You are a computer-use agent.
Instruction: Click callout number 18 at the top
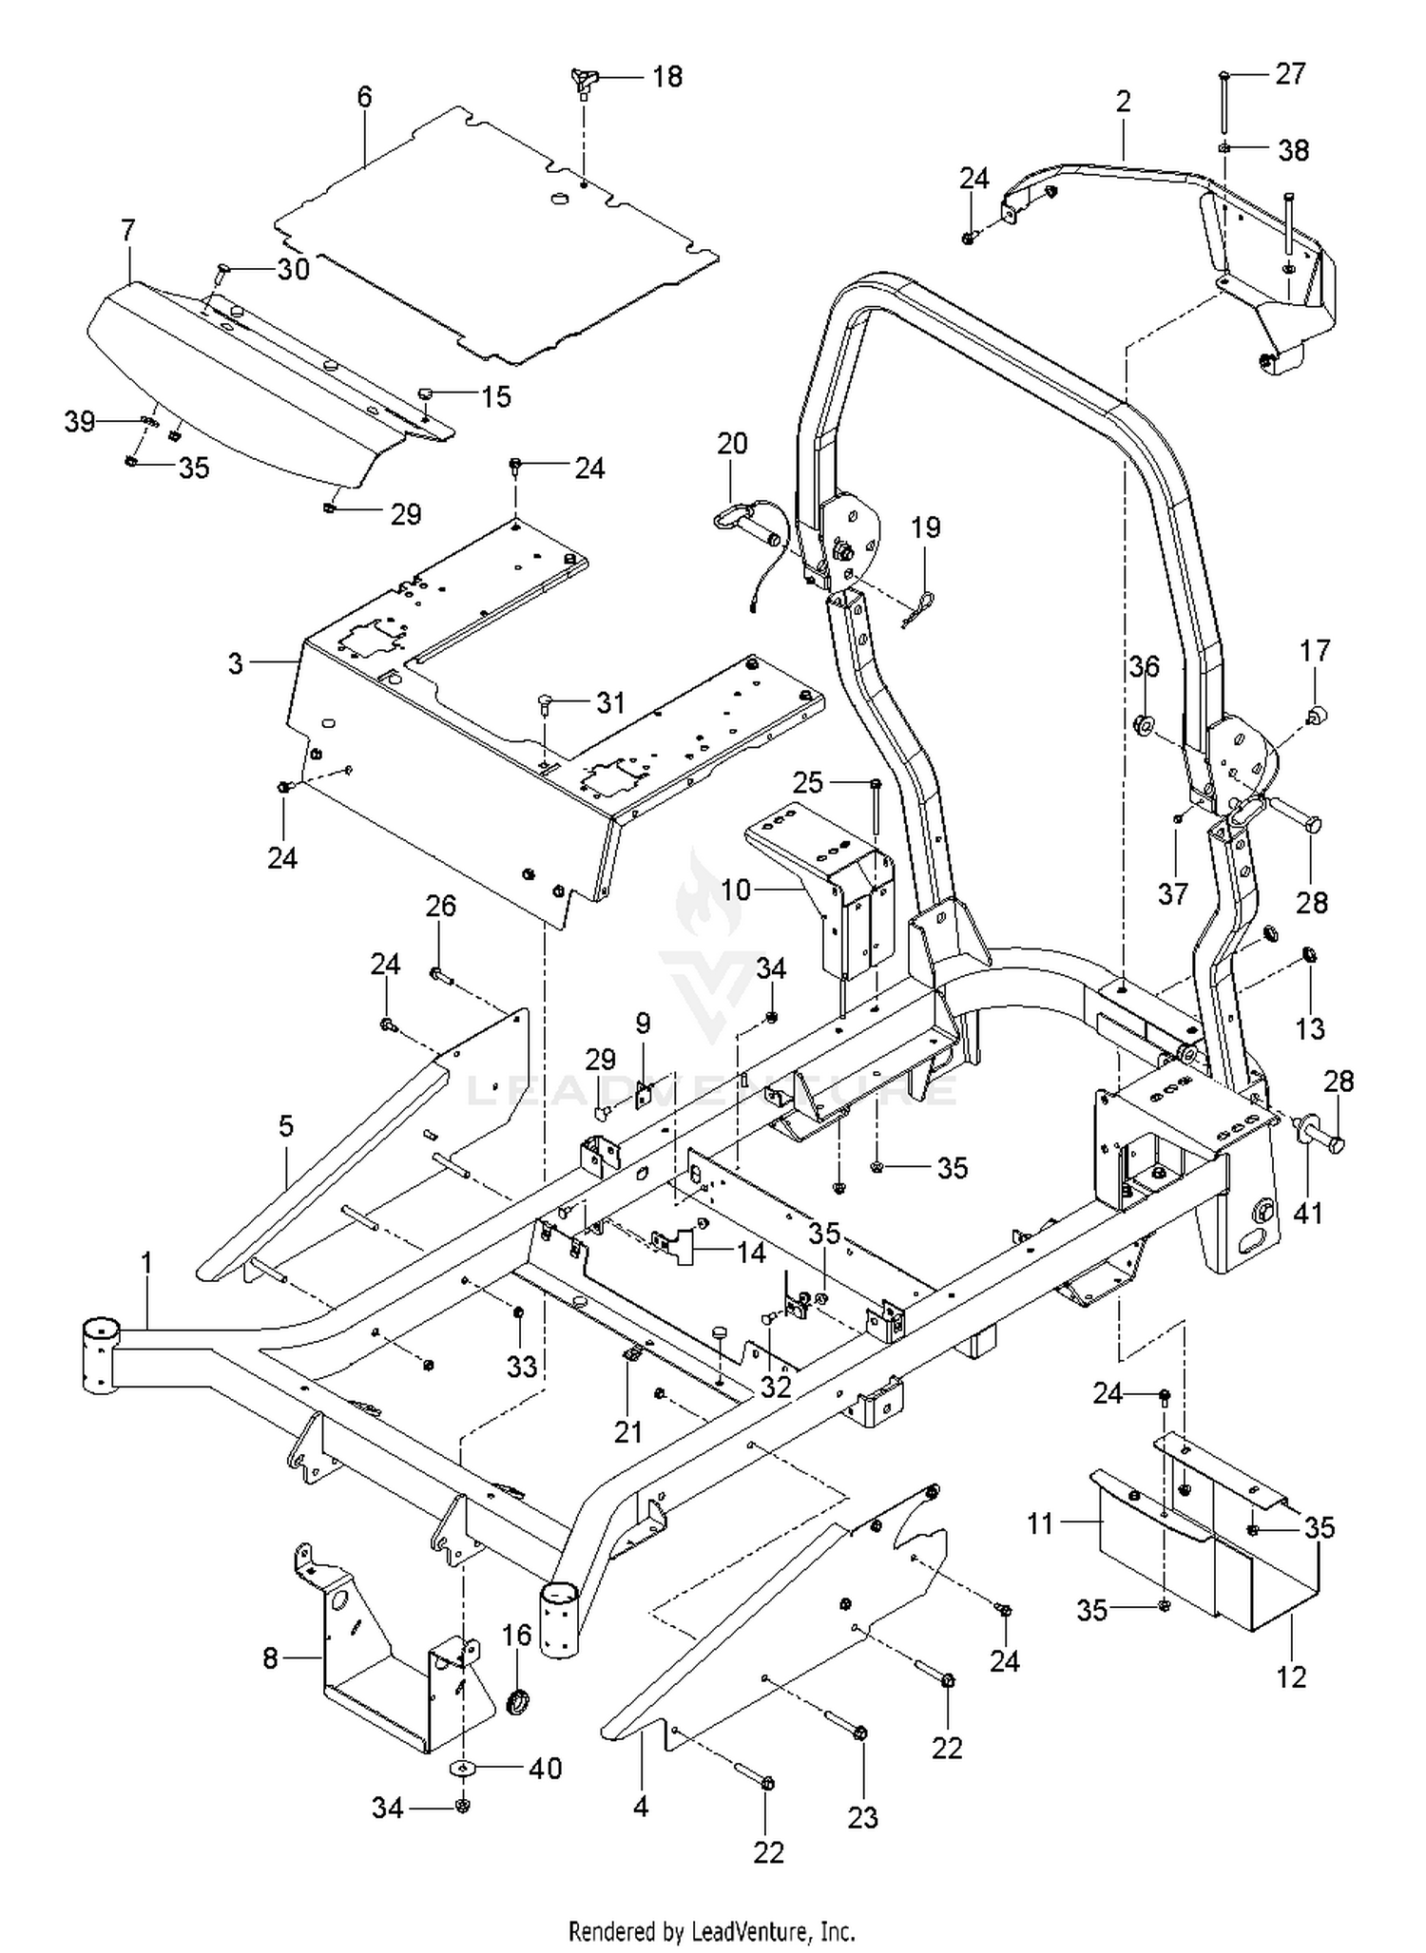[x=667, y=76]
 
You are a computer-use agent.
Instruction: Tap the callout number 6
[x=365, y=96]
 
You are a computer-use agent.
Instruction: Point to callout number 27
[x=1290, y=73]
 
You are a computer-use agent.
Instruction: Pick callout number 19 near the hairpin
[x=925, y=527]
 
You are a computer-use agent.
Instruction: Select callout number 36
[x=1145, y=666]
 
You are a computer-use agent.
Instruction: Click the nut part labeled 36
[x=1144, y=725]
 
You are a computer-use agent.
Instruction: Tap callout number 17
[x=1315, y=651]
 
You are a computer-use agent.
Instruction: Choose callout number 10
[x=736, y=890]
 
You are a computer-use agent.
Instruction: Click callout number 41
[x=1308, y=1213]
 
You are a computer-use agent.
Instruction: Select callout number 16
[x=516, y=1635]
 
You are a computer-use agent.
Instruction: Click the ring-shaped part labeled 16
[x=519, y=1700]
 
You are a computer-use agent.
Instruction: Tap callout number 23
[x=862, y=1817]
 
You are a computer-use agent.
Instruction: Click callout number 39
[x=80, y=421]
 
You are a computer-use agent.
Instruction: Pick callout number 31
[x=610, y=702]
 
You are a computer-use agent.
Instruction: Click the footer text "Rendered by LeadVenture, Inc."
[x=711, y=1931]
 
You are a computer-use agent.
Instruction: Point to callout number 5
[x=285, y=1126]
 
